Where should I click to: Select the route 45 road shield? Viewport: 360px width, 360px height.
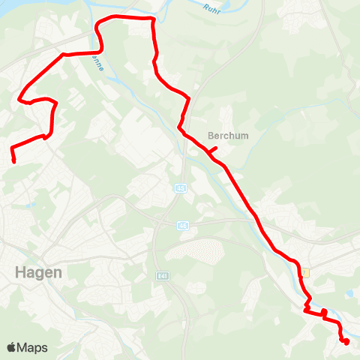pyautogui.click(x=181, y=187)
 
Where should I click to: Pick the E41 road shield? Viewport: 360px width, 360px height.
pyautogui.click(x=163, y=275)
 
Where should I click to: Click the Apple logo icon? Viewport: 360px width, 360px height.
pyautogui.click(x=12, y=347)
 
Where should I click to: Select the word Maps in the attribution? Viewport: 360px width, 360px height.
pyautogui.click(x=33, y=347)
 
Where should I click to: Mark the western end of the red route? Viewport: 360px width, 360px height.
pyautogui.click(x=13, y=159)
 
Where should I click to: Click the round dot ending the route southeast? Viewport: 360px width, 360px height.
pyautogui.click(x=346, y=342)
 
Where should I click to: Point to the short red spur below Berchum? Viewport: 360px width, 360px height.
pyautogui.click(x=213, y=150)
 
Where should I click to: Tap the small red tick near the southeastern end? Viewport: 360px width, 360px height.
pyautogui.click(x=324, y=313)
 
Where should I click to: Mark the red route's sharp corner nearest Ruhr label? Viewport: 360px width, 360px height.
pyautogui.click(x=153, y=19)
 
